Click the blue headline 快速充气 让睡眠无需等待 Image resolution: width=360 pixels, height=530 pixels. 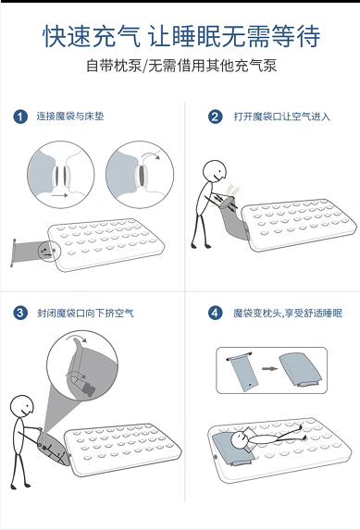click(x=181, y=36)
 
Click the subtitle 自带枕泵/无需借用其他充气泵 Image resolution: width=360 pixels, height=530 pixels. click(x=181, y=66)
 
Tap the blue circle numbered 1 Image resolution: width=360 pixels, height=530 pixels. click(x=20, y=117)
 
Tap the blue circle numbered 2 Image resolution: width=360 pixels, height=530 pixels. click(x=216, y=117)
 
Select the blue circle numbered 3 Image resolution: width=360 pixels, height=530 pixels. click(x=20, y=313)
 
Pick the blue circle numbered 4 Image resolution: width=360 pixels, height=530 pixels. click(x=216, y=313)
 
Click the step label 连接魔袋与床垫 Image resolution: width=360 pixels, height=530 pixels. click(x=70, y=117)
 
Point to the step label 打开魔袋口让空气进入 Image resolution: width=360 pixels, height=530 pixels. click(x=282, y=117)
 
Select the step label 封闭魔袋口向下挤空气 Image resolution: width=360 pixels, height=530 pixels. click(x=85, y=313)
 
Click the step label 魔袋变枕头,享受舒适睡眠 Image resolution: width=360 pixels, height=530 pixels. click(x=288, y=313)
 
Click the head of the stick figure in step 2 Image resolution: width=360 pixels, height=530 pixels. click(x=215, y=172)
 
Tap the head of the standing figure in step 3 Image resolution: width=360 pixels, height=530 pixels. click(x=22, y=407)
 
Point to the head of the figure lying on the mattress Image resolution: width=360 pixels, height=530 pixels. click(x=240, y=440)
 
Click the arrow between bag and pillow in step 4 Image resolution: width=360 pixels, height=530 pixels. click(x=269, y=368)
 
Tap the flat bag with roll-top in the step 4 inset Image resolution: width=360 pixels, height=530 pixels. click(x=243, y=372)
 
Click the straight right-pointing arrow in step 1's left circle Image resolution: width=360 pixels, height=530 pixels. click(x=59, y=195)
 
